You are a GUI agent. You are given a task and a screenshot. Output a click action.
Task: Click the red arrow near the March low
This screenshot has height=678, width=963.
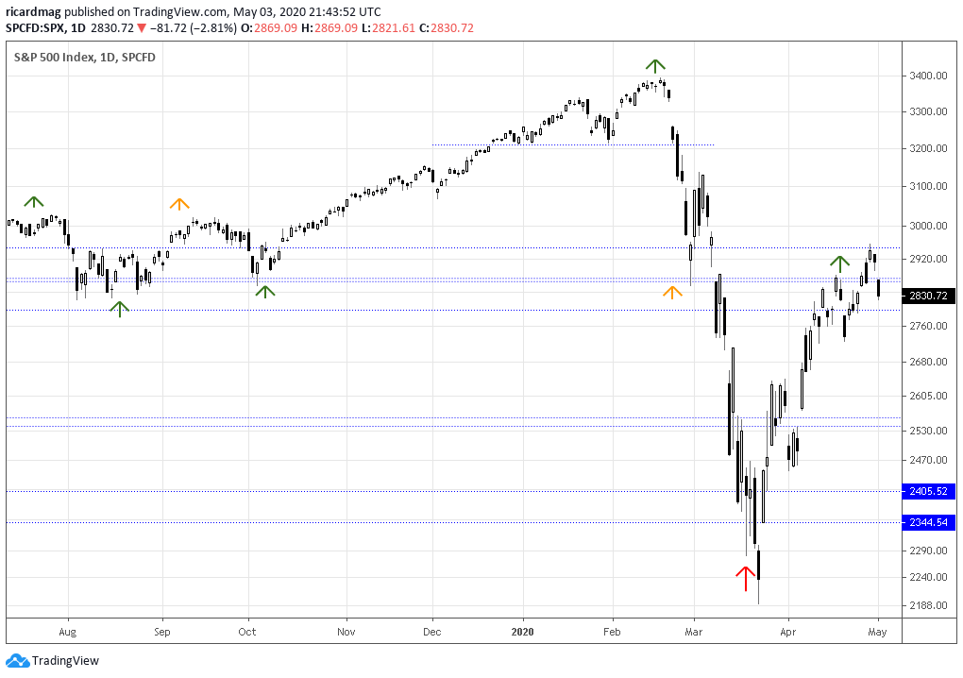(746, 574)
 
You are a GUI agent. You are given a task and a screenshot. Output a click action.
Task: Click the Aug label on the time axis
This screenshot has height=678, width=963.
(67, 631)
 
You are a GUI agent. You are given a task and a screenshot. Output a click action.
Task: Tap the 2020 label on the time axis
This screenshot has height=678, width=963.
(522, 631)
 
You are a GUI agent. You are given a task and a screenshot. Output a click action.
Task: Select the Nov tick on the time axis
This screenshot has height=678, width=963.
(346, 631)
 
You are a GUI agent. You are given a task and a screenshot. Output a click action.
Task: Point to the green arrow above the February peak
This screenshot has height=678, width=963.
(655, 66)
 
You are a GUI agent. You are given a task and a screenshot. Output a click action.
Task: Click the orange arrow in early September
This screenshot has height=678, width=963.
(178, 203)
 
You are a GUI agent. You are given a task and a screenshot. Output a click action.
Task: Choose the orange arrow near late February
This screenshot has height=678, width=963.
(672, 293)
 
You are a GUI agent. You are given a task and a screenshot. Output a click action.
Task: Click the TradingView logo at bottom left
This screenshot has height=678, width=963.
(54, 660)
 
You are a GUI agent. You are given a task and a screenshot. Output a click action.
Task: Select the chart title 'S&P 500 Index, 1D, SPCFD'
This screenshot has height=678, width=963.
(84, 57)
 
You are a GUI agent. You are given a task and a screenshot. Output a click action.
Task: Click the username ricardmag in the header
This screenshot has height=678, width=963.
(34, 12)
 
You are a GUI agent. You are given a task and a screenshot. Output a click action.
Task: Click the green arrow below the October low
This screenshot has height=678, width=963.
(265, 292)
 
